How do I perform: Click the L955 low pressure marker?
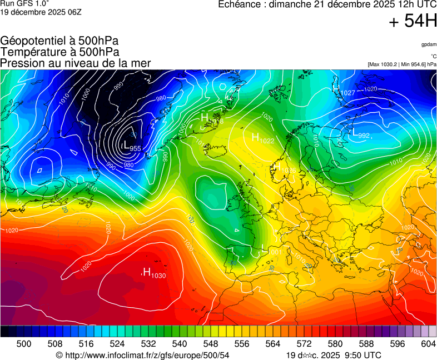click(x=131, y=147)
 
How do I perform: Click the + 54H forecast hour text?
click(x=413, y=21)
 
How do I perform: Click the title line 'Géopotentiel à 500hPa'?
click(x=59, y=41)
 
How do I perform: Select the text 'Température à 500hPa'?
click(x=59, y=52)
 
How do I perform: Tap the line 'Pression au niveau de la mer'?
click(x=76, y=63)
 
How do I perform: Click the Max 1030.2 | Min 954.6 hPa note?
click(x=402, y=64)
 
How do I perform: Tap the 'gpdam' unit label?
click(x=429, y=44)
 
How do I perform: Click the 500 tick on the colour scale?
click(x=24, y=344)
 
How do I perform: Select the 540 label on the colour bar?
click(x=180, y=344)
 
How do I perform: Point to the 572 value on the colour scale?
click(x=304, y=344)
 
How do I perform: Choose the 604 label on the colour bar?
click(x=429, y=344)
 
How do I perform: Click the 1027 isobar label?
click(x=347, y=93)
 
